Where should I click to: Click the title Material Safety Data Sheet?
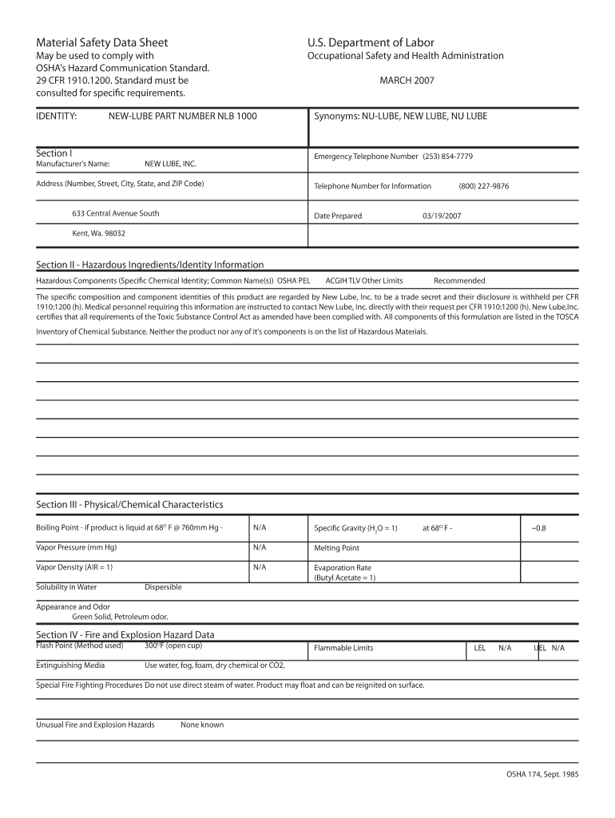[x=102, y=42]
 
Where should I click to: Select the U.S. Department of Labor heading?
[x=371, y=42]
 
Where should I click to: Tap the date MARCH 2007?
[x=407, y=81]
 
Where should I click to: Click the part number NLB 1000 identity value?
[x=183, y=117]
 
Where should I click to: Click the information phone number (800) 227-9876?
[x=483, y=186]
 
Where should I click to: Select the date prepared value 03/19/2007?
[x=442, y=216]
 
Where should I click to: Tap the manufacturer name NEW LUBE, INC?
[x=170, y=164]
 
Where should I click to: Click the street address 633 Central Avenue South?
[x=116, y=213]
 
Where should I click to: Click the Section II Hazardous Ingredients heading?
[x=150, y=264]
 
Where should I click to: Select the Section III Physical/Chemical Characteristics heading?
[x=129, y=505]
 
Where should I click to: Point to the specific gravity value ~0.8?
[x=539, y=528]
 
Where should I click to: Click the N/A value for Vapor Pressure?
[x=260, y=547]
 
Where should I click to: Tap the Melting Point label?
[x=336, y=548]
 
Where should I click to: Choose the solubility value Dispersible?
[x=163, y=587]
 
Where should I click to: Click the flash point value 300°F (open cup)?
[x=173, y=645]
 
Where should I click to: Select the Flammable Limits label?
[x=343, y=648]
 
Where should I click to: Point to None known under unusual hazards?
[x=202, y=725]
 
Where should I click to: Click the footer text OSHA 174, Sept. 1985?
[x=542, y=775]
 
